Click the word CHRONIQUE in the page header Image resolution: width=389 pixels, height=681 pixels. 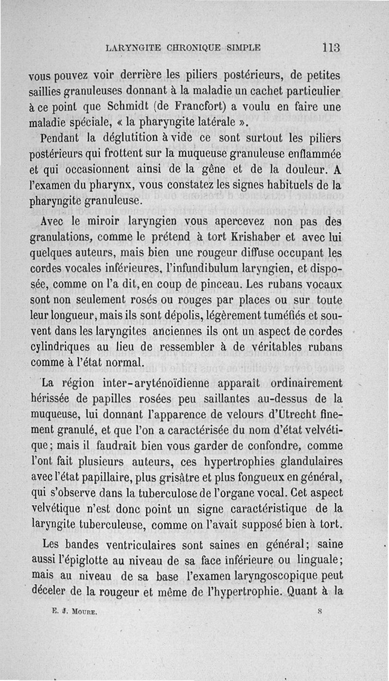[194, 48]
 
